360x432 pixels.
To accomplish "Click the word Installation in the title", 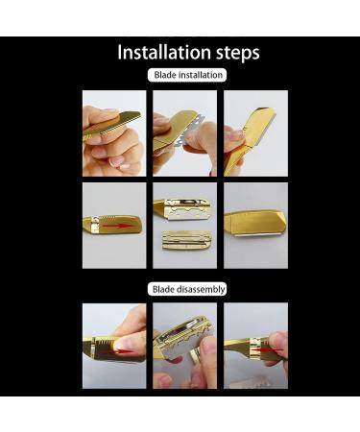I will pyautogui.click(x=159, y=52).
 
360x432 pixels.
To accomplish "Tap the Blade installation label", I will pyautogui.click(x=187, y=75).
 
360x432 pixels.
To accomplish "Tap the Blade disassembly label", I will pyautogui.click(x=187, y=289).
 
